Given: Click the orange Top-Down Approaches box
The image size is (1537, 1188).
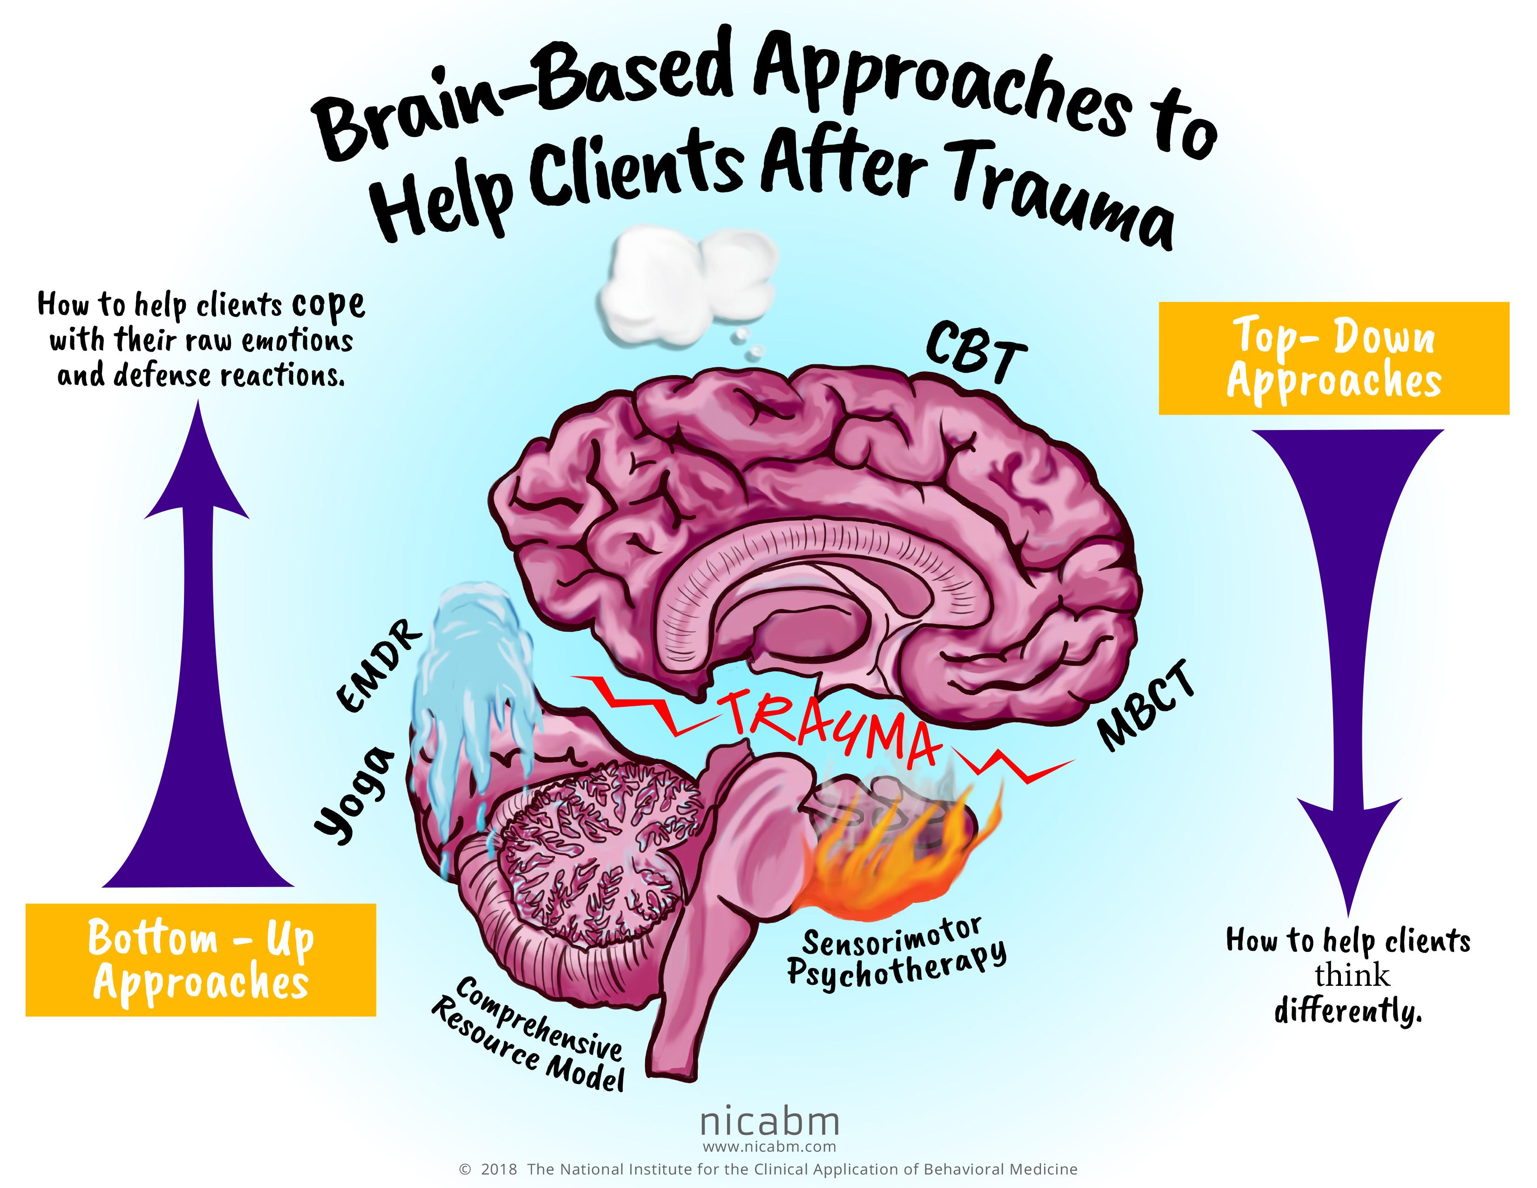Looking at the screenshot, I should [x=1333, y=358].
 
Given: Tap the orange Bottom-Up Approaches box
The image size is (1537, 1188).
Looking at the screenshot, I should [x=201, y=960].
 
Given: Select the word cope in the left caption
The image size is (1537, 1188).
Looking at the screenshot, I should [x=328, y=305].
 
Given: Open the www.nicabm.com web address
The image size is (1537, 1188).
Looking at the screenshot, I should [x=769, y=1147].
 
